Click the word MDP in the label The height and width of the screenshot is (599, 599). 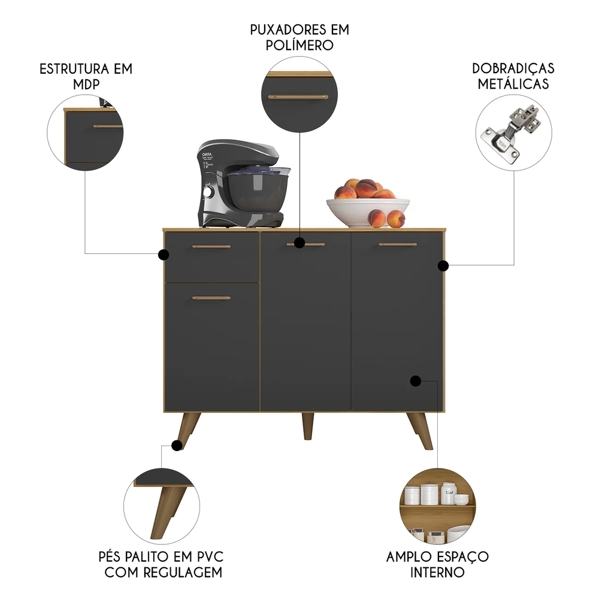click(86, 84)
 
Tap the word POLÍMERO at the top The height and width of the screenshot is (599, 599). click(299, 45)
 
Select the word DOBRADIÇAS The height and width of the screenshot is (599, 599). click(513, 68)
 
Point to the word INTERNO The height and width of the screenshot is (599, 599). click(437, 572)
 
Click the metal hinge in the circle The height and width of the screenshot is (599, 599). click(514, 133)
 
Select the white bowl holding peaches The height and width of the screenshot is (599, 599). click(368, 211)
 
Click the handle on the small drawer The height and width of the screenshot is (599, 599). click(211, 246)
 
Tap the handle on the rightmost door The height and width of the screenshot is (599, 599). click(398, 244)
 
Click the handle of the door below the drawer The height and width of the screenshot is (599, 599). click(211, 298)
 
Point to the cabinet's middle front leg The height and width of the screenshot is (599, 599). click(307, 426)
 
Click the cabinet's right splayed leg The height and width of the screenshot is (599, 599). click(420, 430)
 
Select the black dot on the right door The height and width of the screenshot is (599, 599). click(415, 380)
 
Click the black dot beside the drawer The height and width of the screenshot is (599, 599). click(163, 255)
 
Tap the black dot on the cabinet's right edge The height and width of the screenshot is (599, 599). click(443, 265)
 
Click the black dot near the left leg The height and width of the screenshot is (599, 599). click(177, 445)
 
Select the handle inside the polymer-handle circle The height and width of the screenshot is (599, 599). click(298, 96)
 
